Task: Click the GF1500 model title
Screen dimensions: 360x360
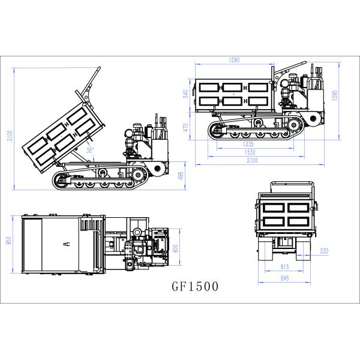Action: pos(195,286)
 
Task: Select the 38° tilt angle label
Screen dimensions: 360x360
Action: pos(90,150)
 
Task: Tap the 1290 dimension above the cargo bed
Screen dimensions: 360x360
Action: pos(234,60)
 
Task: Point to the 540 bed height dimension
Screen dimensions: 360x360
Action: pos(186,94)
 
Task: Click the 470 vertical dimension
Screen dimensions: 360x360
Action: pos(186,127)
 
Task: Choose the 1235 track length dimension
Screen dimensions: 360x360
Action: pos(248,144)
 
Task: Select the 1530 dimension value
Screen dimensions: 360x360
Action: pos(250,152)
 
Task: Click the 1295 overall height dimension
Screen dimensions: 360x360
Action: pos(335,95)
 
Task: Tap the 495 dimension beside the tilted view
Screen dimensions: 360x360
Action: pos(181,176)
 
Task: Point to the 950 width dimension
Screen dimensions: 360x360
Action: pos(9,240)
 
